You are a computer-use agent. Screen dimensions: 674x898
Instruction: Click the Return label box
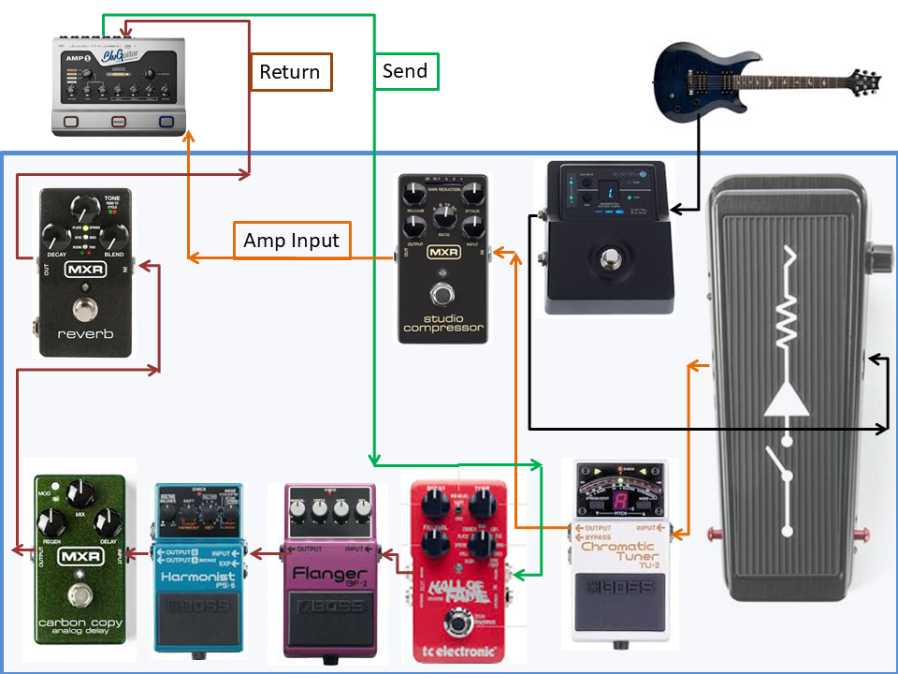coord(291,72)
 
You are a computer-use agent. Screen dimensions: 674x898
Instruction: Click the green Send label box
coord(406,71)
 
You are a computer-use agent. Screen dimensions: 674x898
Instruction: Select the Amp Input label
coord(291,241)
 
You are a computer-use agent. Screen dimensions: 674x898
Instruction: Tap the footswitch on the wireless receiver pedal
coord(609,258)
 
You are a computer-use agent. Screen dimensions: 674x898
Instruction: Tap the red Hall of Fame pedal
coord(456,571)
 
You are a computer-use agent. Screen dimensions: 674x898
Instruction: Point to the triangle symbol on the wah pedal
coord(787,401)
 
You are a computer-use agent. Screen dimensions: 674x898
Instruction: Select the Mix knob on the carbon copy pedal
coord(79,491)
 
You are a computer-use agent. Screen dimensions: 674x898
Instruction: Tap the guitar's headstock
coord(857,80)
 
